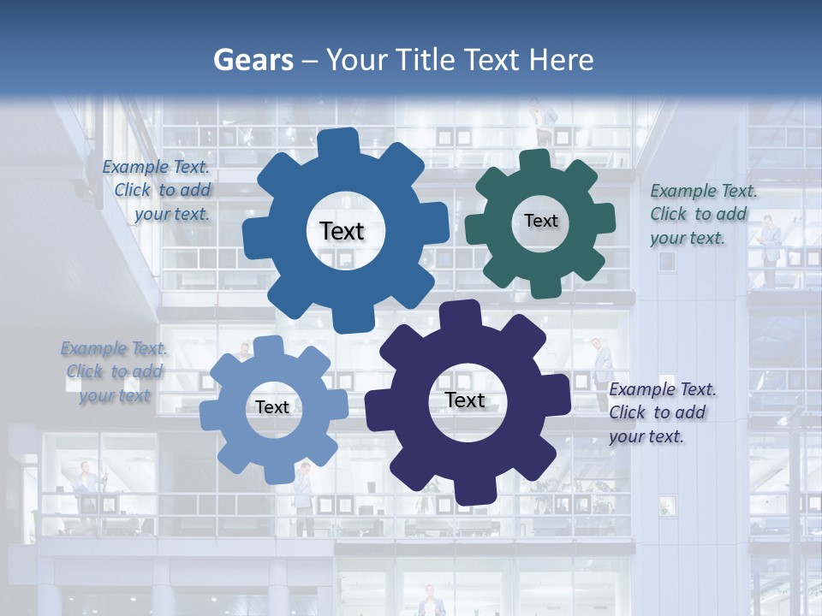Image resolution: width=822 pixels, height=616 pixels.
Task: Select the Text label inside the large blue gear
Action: (x=342, y=231)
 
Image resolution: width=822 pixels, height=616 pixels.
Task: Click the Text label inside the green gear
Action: (x=540, y=221)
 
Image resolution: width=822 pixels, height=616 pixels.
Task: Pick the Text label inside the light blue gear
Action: (x=272, y=407)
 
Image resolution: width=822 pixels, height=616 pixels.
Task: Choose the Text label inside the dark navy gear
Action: (x=465, y=400)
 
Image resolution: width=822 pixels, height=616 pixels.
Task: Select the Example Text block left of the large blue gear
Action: (x=158, y=190)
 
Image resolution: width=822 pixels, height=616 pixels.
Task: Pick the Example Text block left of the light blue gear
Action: (x=114, y=371)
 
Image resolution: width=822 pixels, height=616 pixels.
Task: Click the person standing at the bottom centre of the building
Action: (x=432, y=601)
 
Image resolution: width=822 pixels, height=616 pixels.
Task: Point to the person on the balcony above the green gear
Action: (x=539, y=121)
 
